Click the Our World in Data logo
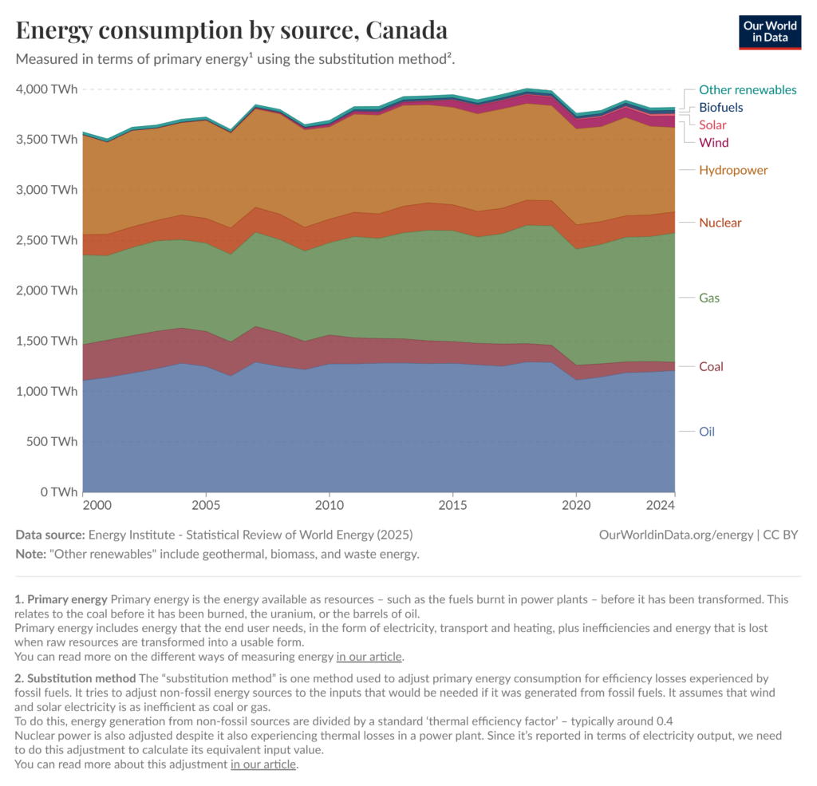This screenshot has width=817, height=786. (x=770, y=31)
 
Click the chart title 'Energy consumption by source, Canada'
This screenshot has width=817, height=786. (x=231, y=30)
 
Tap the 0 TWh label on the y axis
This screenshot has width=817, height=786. (x=60, y=492)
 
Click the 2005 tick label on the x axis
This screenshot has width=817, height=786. (x=206, y=505)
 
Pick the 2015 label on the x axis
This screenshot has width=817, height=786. (x=452, y=505)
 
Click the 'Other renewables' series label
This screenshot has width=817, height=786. (x=748, y=90)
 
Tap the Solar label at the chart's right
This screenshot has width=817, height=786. (x=712, y=124)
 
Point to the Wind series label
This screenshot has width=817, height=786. (x=713, y=143)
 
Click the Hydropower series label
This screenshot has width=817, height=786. (x=733, y=170)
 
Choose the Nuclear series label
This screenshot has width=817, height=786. (x=720, y=223)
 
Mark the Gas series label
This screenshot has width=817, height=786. (x=709, y=298)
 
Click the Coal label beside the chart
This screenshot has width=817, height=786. (x=712, y=367)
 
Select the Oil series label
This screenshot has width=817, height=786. (x=707, y=432)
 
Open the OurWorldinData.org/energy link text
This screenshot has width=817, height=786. (x=675, y=535)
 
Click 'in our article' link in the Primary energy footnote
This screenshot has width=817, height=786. (x=369, y=658)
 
